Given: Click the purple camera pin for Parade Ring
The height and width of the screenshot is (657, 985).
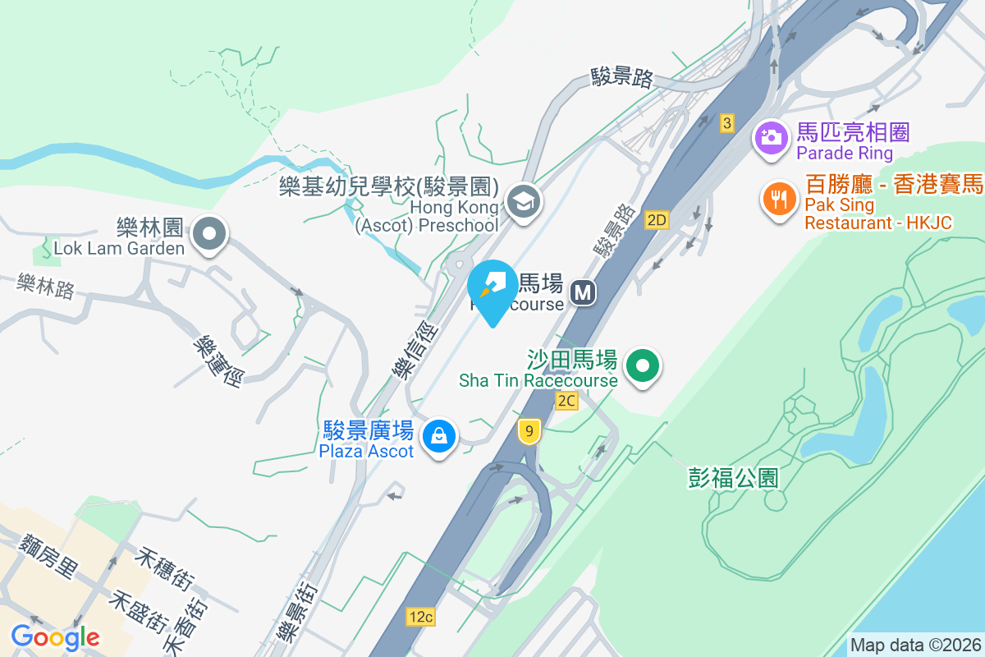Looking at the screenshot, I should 770,137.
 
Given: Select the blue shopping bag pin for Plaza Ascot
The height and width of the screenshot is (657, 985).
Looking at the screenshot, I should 440,435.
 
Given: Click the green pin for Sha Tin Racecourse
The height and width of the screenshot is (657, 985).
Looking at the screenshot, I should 644,365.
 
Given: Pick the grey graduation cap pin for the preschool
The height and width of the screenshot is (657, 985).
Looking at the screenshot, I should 522,200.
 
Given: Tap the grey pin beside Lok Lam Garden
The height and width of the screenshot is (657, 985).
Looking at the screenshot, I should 209,234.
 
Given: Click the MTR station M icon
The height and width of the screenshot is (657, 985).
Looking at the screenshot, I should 584,292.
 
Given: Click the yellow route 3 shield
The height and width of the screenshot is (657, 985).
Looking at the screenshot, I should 726,123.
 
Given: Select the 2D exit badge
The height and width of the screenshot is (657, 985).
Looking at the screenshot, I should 657,219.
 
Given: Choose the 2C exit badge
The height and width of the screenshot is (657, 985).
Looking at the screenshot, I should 566,400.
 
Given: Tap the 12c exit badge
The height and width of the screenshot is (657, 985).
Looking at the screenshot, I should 419,616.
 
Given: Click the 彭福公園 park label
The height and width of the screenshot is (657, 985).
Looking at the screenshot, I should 733,478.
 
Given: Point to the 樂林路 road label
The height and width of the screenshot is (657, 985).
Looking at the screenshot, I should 45,287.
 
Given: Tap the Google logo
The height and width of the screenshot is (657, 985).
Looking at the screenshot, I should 55,636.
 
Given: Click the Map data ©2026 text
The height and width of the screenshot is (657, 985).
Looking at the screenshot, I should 914,645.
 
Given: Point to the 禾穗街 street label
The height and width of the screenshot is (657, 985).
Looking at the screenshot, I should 167,569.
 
